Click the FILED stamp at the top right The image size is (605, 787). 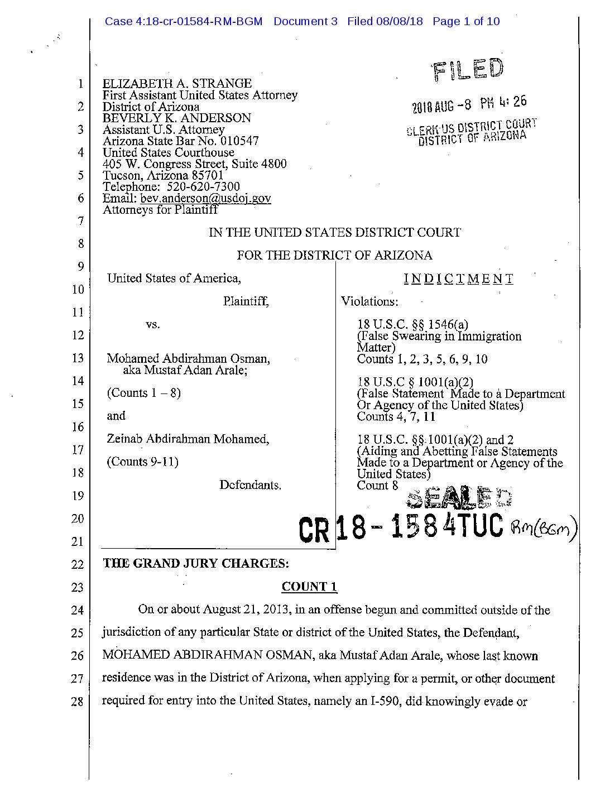click(x=467, y=70)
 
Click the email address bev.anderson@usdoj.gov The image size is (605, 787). click(x=205, y=198)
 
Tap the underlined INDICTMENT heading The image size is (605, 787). click(x=458, y=279)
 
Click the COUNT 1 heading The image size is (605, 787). click(x=309, y=587)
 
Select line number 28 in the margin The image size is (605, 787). click(x=77, y=702)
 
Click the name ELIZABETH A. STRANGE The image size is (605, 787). click(x=177, y=84)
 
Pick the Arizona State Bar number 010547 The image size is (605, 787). click(x=239, y=141)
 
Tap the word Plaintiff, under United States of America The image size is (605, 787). click(x=246, y=301)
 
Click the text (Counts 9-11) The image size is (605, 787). click(x=142, y=462)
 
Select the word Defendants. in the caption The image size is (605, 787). click(x=250, y=485)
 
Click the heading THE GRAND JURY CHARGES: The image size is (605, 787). click(x=195, y=563)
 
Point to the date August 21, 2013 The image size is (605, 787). click(x=246, y=610)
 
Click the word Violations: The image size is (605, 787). click(x=369, y=301)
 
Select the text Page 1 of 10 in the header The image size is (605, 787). click(x=466, y=22)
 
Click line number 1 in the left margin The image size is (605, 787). click(x=80, y=84)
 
